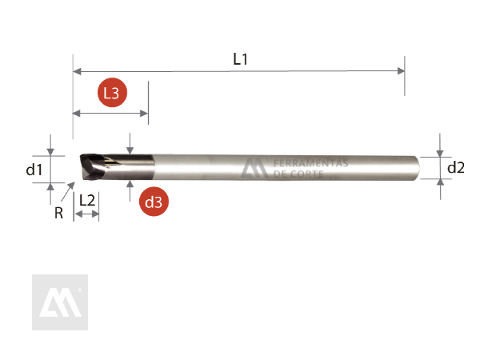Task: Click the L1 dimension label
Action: [x=239, y=58]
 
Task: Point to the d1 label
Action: [x=34, y=169]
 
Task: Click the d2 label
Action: [x=456, y=168]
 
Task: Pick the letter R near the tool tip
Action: [x=58, y=213]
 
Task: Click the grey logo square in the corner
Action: [x=59, y=302]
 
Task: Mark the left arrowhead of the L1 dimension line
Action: [x=78, y=71]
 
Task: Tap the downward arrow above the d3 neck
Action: [x=130, y=150]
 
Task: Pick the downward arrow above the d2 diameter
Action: [x=439, y=151]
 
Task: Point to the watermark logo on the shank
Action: [x=255, y=167]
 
